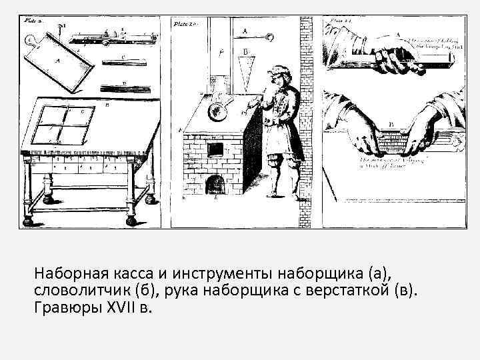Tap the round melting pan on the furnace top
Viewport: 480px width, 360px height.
(217, 111)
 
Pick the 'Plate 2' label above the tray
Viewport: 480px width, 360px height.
(33, 21)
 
